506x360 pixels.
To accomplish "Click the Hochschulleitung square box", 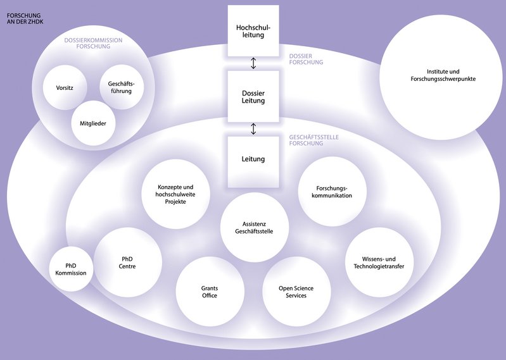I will [253, 31].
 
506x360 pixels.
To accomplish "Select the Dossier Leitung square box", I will [253, 96].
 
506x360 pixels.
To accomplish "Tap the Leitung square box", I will [253, 161].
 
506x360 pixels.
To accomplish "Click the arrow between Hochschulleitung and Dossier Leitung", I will [253, 63].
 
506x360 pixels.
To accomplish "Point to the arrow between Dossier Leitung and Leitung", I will [253, 129].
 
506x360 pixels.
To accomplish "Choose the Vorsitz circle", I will [65, 88].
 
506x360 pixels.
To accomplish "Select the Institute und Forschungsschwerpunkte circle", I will [441, 76].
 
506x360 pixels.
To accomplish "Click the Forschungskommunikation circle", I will [332, 192].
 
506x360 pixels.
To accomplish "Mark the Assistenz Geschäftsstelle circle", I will [254, 228].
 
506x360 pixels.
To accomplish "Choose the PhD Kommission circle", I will [72, 269].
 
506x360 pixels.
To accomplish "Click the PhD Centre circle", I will [128, 263].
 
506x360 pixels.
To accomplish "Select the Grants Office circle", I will [210, 292].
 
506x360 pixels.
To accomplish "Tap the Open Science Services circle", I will [296, 292].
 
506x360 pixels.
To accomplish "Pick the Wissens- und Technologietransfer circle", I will [379, 263].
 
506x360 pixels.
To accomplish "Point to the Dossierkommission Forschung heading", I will [94, 43].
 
